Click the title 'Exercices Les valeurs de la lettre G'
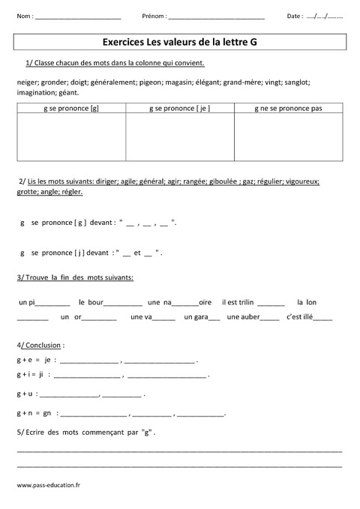tap(180, 43)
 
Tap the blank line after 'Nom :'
tap(78, 16)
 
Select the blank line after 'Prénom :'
tap(217, 16)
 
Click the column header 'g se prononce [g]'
tap(71, 109)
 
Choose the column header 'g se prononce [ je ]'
tap(181, 109)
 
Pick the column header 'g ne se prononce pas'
tap(289, 109)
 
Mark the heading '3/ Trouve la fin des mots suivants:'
tap(75, 277)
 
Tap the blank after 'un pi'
tap(52, 304)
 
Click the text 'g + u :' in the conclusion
tap(26, 393)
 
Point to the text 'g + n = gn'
tap(34, 412)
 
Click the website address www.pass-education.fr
tap(48, 486)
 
